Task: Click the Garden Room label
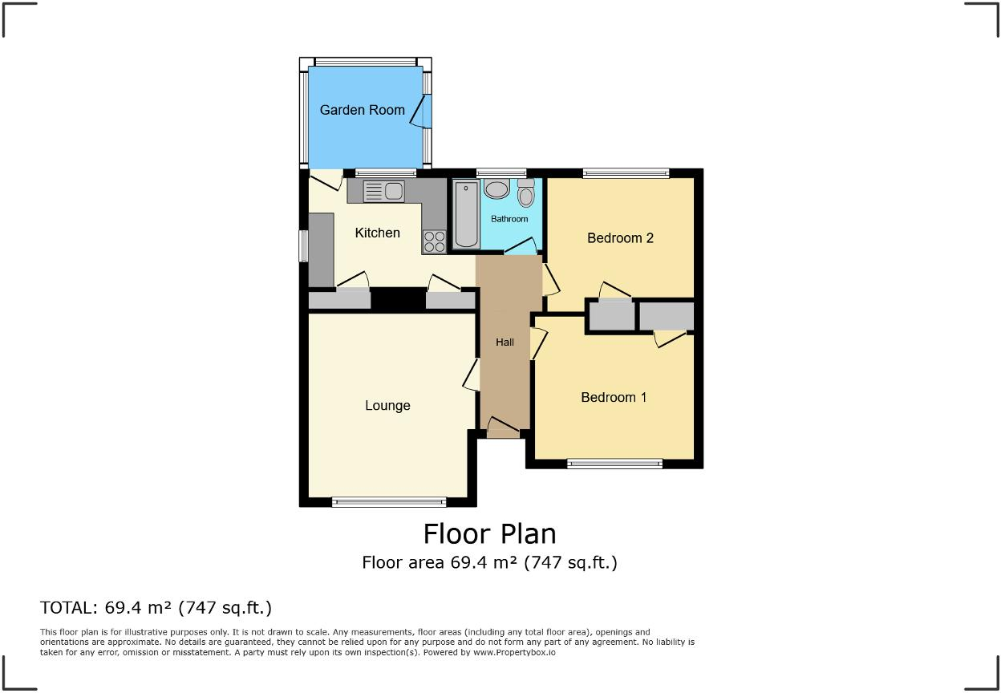362,110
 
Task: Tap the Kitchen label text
377,233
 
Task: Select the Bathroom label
509,219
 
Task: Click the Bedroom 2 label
620,237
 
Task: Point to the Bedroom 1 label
614,397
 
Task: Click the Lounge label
387,406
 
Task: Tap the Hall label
505,342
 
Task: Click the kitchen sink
383,191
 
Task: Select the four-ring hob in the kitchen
434,241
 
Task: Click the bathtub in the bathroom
466,214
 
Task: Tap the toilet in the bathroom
525,193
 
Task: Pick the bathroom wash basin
496,189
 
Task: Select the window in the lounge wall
388,502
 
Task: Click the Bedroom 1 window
614,463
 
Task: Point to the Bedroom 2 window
626,172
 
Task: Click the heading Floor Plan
489,533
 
